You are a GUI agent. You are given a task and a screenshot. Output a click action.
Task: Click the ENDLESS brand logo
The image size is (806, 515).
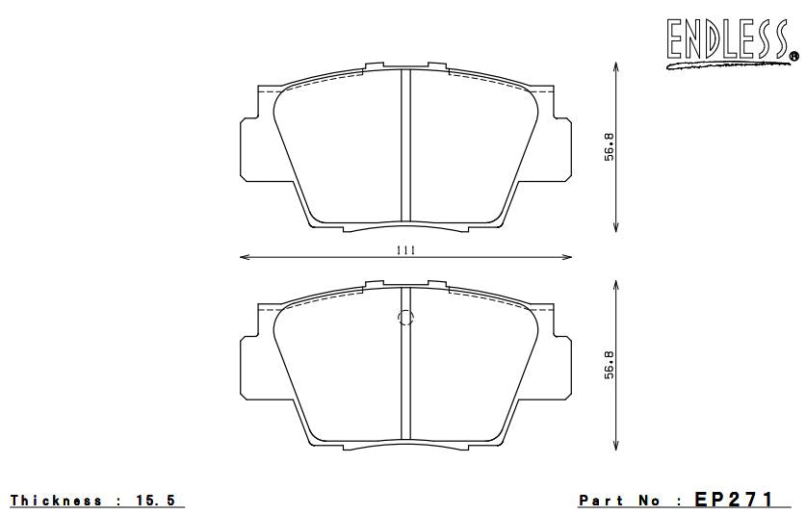(723, 41)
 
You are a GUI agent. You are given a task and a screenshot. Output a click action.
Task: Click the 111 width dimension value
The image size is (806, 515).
(405, 250)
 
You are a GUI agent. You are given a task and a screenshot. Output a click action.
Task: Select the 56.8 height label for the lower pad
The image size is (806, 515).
(609, 366)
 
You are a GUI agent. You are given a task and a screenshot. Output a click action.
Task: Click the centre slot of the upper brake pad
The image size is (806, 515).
(405, 144)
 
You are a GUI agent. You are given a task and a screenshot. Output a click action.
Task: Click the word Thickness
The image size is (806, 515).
(56, 501)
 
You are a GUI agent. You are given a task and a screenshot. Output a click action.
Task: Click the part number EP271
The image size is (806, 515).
(734, 500)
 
